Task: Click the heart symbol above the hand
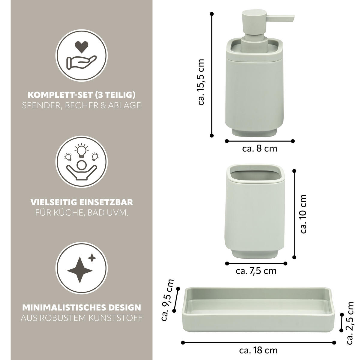point(82,47)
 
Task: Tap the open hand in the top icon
point(82,62)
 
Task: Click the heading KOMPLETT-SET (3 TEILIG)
point(82,95)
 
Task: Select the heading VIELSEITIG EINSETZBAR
point(82,202)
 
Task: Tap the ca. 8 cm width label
point(260,149)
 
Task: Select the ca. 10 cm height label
point(303,214)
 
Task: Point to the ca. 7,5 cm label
point(256,271)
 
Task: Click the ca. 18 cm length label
point(258,350)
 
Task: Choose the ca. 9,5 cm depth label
point(167,300)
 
